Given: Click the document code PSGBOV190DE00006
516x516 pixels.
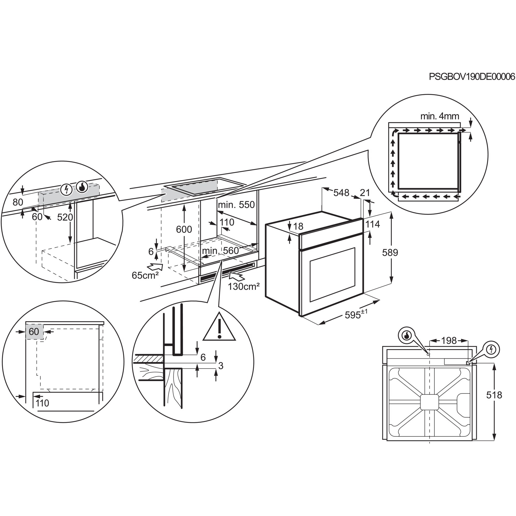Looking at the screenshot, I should pos(472,77).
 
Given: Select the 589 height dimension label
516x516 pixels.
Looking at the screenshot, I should pos(390,252).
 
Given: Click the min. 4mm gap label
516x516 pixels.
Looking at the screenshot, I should pos(440,116).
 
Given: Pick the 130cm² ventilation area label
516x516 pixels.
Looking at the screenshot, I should pos(244,287).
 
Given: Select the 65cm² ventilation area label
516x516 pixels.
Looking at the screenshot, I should pos(145,275).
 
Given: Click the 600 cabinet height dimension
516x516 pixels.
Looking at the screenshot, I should pos(184,229).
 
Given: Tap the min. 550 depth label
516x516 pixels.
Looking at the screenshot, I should pos(236,205).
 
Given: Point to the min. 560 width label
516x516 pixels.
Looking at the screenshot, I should pos(220,251).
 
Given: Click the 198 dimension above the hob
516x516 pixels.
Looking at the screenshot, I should pos(449,341).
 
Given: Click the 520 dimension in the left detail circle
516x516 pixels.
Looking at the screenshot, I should pos(65,217).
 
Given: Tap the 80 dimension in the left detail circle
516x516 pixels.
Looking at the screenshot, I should pos(18,202).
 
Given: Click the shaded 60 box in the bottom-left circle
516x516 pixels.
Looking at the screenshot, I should pos(34,332).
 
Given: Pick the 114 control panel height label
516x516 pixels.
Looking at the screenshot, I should pos(373,224).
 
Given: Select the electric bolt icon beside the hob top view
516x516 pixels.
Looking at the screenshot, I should pos(492,349).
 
